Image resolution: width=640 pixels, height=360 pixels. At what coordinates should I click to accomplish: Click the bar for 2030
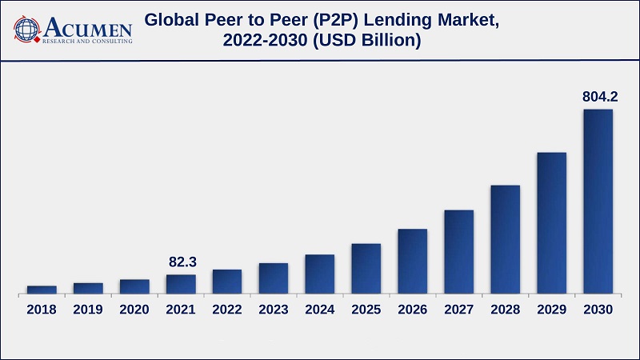598,201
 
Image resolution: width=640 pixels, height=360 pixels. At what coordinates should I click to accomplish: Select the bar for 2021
181,284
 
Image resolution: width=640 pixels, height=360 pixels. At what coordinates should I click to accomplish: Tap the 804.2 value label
600,97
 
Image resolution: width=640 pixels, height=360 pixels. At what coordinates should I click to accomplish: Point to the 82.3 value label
183,262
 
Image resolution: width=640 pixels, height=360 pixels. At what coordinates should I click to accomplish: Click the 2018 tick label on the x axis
42,310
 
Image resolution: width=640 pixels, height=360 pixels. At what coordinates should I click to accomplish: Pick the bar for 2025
366,268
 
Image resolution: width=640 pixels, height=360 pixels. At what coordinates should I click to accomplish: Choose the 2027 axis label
458,310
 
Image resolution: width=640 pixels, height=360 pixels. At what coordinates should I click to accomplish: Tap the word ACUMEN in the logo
88,26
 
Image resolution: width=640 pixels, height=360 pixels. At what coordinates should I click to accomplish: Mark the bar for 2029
551,222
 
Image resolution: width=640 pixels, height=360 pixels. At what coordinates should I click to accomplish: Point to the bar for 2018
42,289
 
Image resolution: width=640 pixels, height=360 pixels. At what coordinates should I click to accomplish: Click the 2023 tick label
273,310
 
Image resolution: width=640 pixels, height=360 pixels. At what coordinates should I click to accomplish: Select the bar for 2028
505,238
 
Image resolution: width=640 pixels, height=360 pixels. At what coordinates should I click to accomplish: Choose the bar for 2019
88,288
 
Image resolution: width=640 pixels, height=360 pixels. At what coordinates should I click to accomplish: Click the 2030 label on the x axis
598,310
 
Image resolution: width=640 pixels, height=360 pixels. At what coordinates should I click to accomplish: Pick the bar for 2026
412,261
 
